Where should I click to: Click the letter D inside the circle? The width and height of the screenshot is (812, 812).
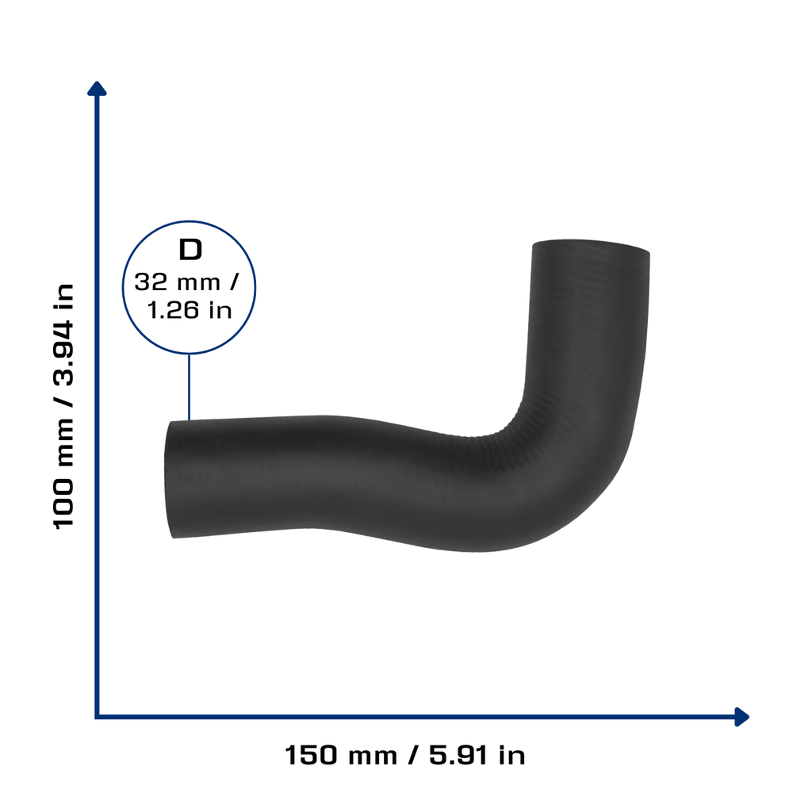click(x=190, y=250)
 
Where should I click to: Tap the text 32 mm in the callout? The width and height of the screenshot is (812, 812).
click(x=177, y=282)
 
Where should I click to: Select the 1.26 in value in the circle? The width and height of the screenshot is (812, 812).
click(x=190, y=310)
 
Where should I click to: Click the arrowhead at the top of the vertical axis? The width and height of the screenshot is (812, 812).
click(x=97, y=88)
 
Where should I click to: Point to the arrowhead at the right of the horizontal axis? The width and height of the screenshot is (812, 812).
click(x=741, y=717)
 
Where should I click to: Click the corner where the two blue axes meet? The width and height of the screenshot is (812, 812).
click(x=97, y=717)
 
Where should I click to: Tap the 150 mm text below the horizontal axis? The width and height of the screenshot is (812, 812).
click(x=341, y=755)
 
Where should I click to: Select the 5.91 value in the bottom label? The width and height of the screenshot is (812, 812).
click(x=458, y=755)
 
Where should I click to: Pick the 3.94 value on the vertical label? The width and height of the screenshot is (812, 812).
click(x=64, y=354)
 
